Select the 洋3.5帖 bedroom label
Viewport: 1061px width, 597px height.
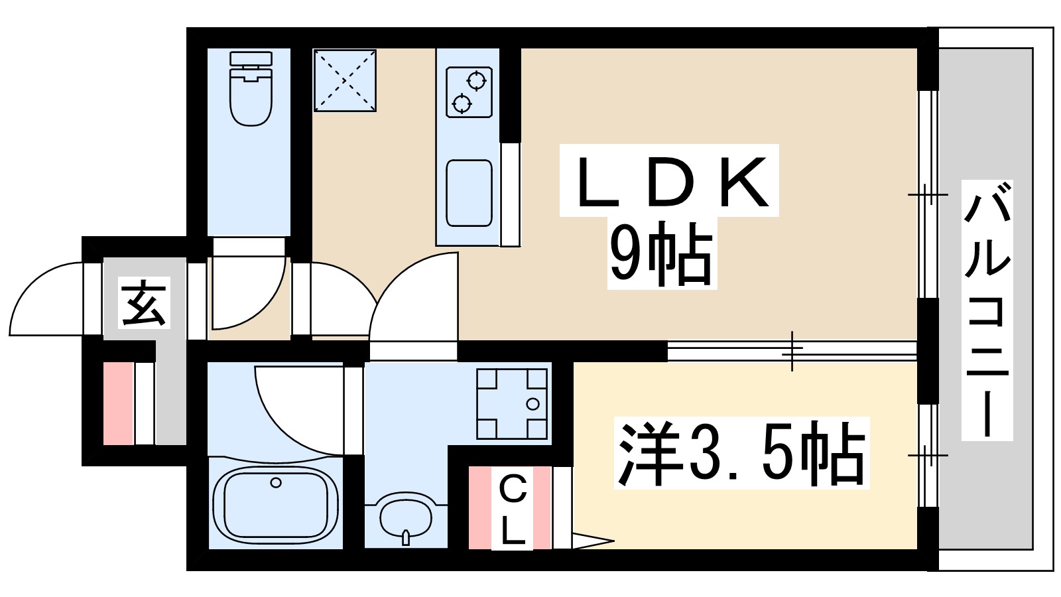pos(741,453)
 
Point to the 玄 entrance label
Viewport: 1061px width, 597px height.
pos(144,302)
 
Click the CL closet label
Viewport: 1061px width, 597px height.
pos(511,509)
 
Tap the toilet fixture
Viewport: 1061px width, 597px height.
pos(251,89)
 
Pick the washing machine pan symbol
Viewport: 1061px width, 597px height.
pos(513,403)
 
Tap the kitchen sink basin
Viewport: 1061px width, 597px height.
pos(469,193)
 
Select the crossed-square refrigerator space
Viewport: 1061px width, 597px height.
pos(344,80)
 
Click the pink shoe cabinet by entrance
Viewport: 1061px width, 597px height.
pos(118,403)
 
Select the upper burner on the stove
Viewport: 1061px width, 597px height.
pos(475,82)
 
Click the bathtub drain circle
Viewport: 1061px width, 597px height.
pos(276,482)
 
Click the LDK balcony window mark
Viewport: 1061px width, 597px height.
pos(928,195)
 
